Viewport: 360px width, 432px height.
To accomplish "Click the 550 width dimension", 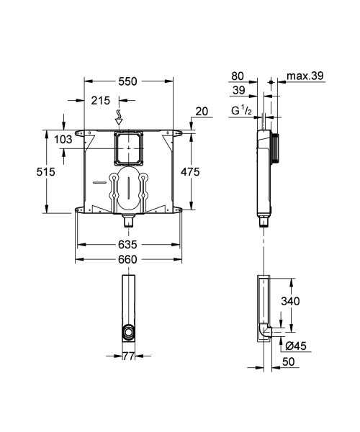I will point(128,83).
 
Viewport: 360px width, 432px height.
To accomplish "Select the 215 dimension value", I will point(100,102).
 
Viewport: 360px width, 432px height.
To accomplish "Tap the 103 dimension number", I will point(63,139).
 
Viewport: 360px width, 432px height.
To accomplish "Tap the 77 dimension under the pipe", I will point(127,355).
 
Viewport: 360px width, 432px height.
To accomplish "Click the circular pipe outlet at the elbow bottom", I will point(127,333).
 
